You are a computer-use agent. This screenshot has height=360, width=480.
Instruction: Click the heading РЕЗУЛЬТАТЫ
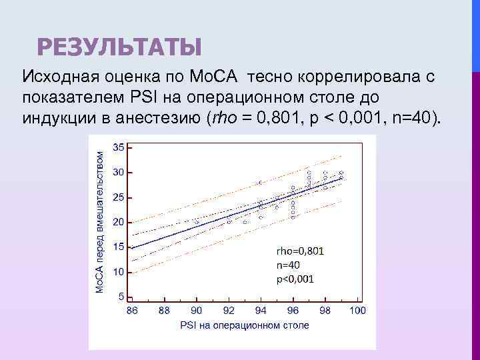click(119, 47)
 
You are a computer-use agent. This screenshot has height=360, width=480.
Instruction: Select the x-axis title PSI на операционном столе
click(244, 325)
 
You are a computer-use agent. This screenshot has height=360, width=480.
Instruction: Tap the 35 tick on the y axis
click(118, 147)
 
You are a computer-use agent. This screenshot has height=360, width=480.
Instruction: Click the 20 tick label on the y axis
click(118, 221)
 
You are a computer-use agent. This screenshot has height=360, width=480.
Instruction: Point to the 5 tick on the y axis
click(121, 296)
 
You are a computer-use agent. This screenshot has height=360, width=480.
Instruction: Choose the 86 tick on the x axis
click(132, 311)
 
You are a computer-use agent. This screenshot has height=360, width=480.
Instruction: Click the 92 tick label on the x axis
click(228, 311)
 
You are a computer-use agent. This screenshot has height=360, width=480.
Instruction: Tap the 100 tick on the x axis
click(357, 311)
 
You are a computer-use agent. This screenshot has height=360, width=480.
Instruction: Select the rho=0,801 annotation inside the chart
click(300, 251)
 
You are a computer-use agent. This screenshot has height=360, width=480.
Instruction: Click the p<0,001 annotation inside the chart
click(295, 279)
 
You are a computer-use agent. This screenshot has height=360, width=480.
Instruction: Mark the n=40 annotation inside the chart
click(290, 265)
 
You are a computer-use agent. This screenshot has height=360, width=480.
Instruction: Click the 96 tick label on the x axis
click(293, 311)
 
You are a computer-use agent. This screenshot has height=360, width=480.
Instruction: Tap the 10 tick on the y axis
click(118, 271)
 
